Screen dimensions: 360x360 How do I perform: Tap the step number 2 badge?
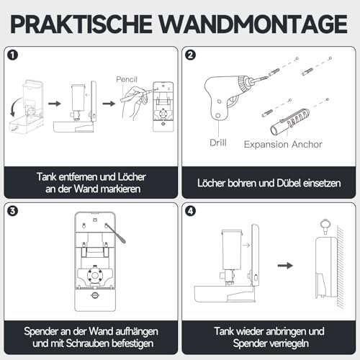(191, 55)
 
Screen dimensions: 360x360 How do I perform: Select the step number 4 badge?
(191, 212)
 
